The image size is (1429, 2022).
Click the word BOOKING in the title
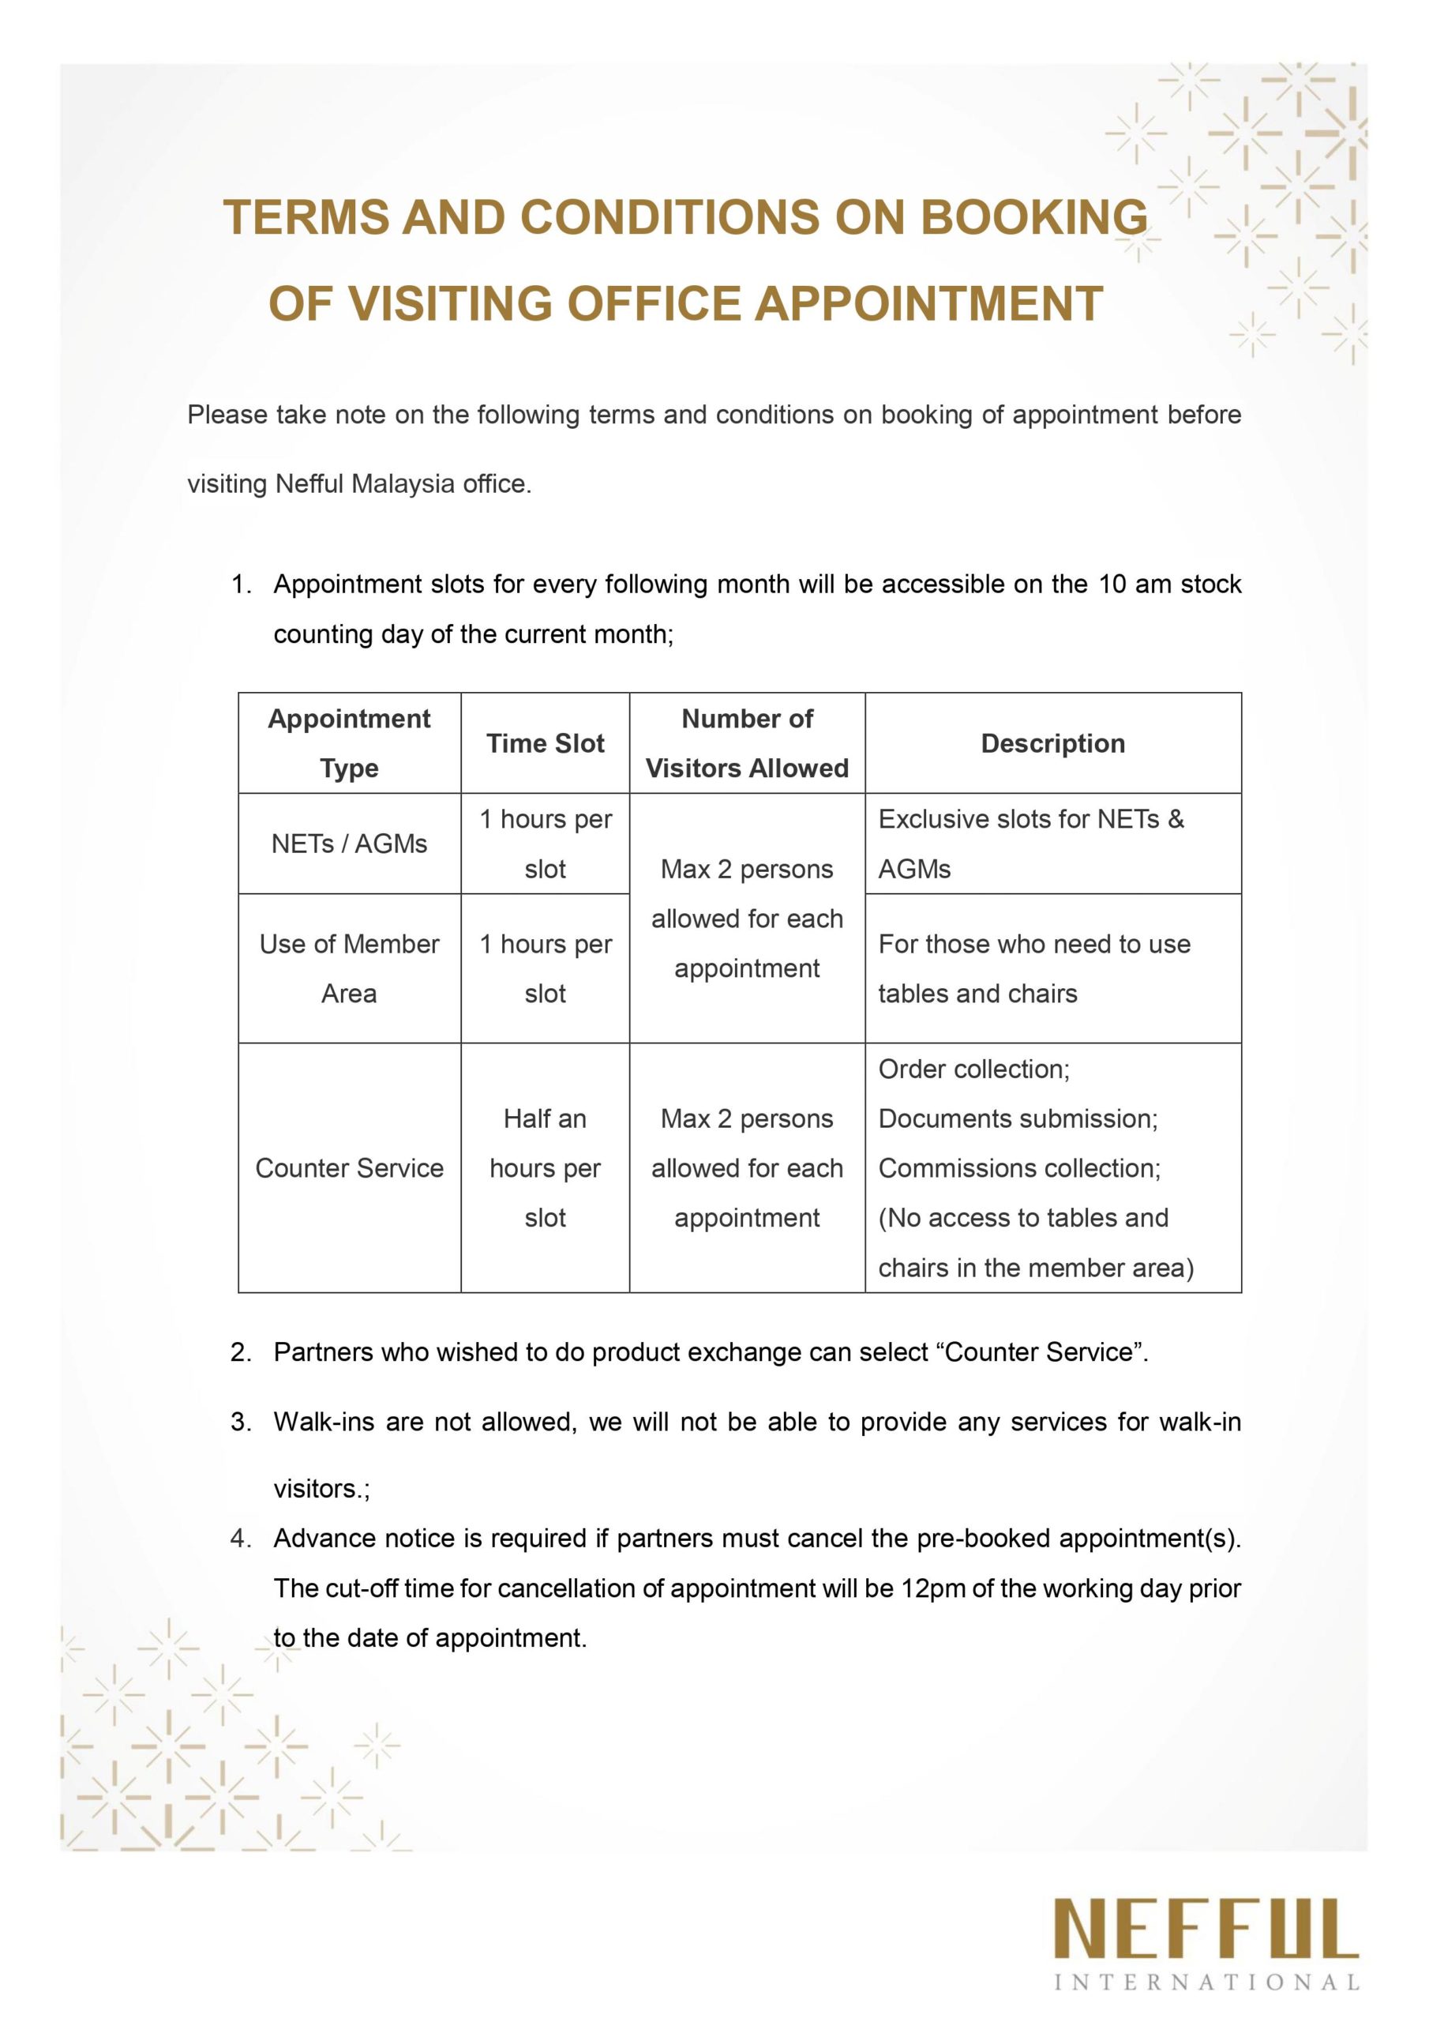coord(1033,216)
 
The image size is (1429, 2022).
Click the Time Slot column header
coord(545,743)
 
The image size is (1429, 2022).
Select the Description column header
coord(1052,743)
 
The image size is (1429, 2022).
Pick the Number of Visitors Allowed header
coord(747,743)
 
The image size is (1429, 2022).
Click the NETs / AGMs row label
coord(349,844)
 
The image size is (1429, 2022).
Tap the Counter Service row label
coord(349,1167)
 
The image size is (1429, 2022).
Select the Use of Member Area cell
coord(349,968)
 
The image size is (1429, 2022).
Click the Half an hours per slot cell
coord(545,1167)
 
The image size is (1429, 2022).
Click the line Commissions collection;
coord(1019,1167)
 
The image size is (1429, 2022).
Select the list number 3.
coord(240,1423)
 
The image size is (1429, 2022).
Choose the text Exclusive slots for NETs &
coord(1031,819)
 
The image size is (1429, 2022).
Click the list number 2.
coord(240,1351)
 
